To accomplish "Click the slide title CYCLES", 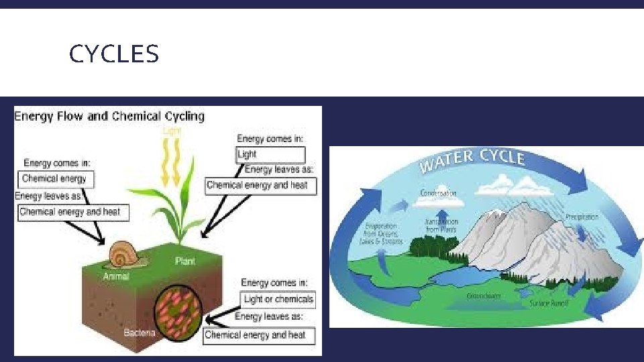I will click(113, 54).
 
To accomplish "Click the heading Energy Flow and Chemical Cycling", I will click(109, 116).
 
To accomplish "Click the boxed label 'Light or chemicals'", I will click(278, 299).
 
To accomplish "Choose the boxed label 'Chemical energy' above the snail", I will click(54, 178).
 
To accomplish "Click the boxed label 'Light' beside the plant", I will click(248, 154).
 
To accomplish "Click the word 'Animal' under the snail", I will click(116, 276).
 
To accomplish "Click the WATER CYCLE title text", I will click(472, 160).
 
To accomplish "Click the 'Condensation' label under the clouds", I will click(438, 194).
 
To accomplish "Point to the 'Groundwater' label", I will click(484, 296).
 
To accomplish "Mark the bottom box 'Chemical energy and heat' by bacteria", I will click(255, 335).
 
